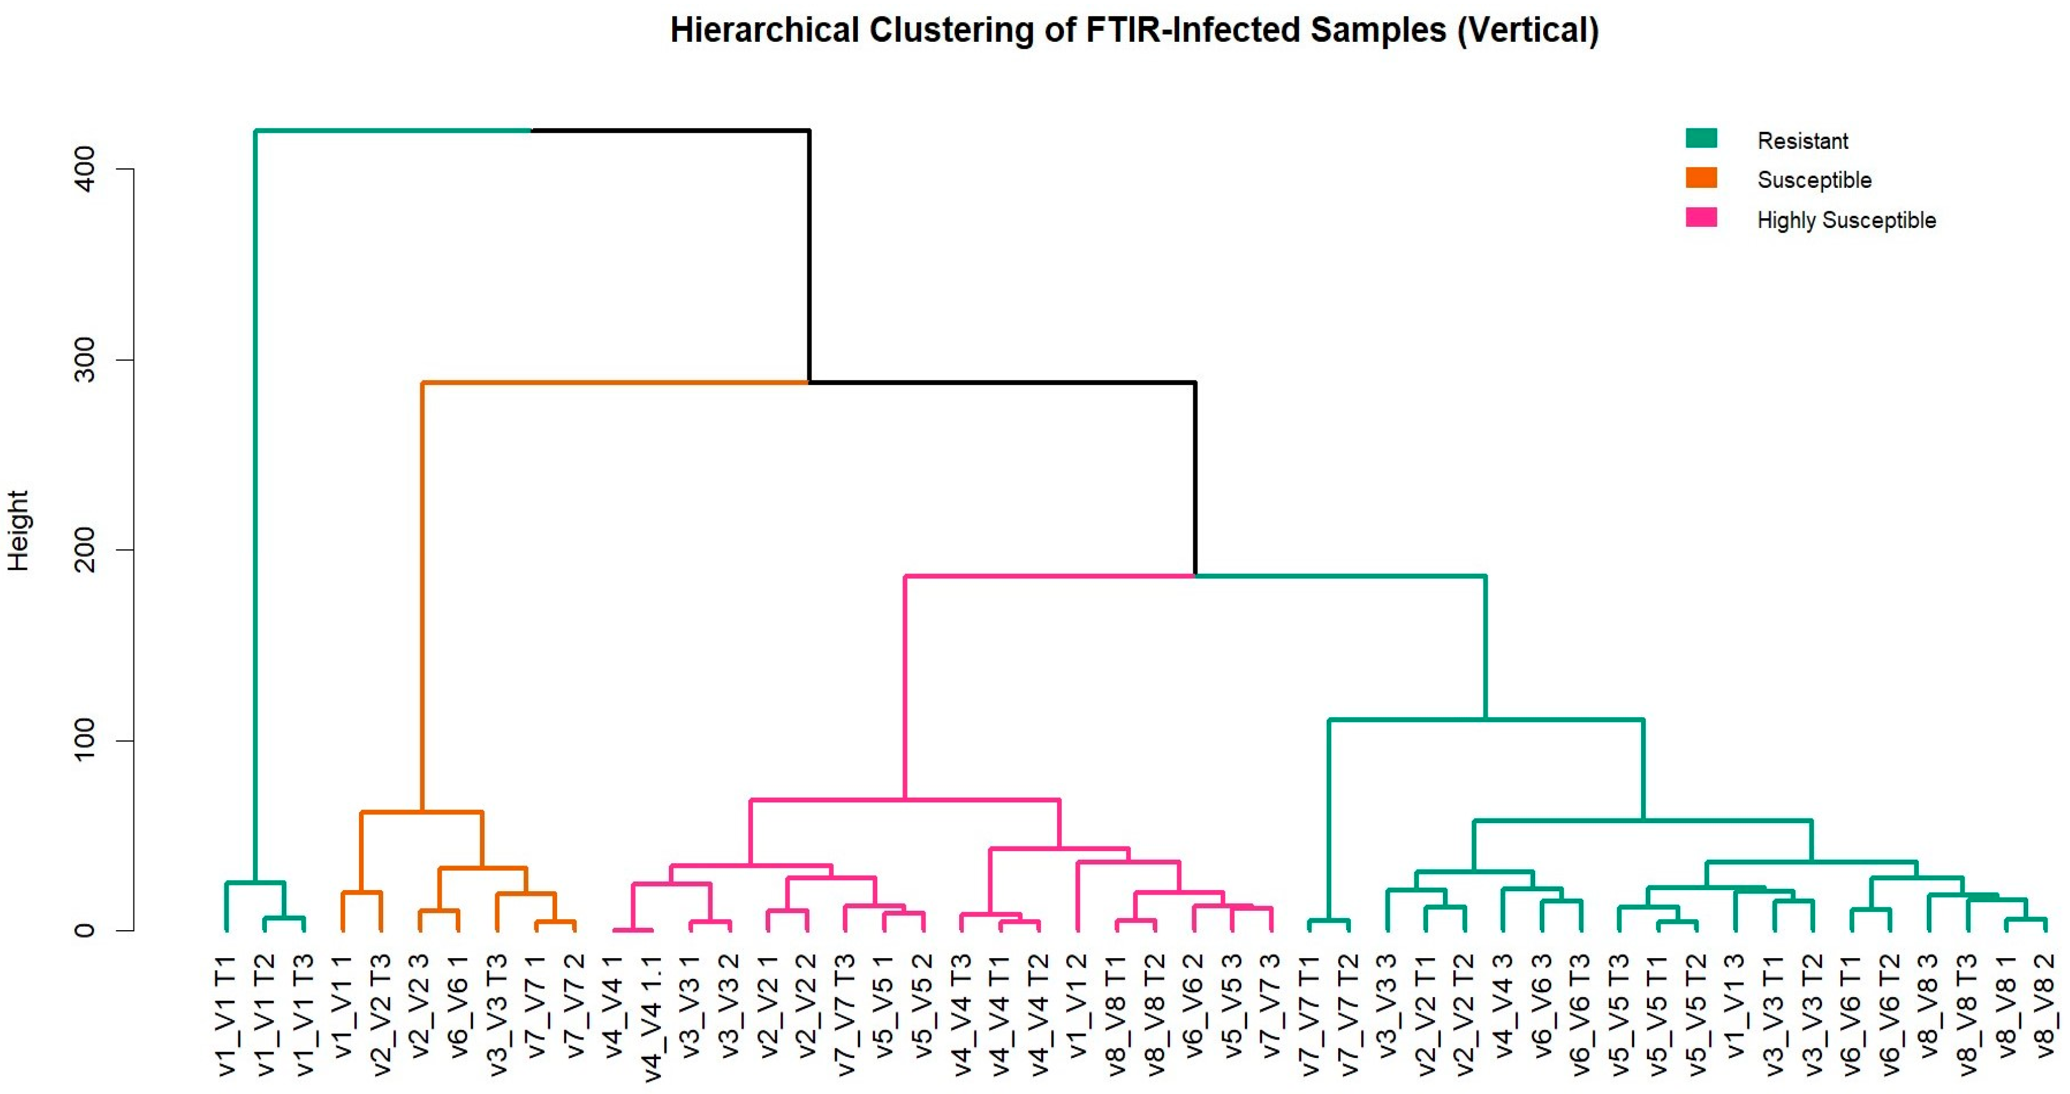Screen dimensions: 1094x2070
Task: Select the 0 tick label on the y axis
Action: pyautogui.click(x=84, y=930)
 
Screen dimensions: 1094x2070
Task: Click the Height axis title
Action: pyautogui.click(x=18, y=530)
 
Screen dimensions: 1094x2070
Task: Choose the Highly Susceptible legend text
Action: pyautogui.click(x=1846, y=219)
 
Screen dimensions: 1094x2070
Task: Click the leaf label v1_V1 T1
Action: pyautogui.click(x=227, y=1015)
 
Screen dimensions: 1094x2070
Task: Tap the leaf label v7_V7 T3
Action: pyautogui.click(x=845, y=1015)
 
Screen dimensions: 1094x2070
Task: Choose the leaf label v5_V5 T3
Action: pyautogui.click(x=1619, y=1015)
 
